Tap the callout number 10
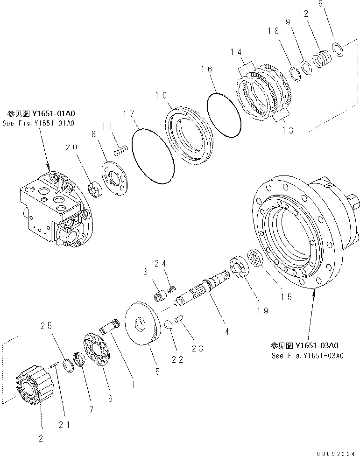tap(161, 95)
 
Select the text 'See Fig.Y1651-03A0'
tap(308, 356)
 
